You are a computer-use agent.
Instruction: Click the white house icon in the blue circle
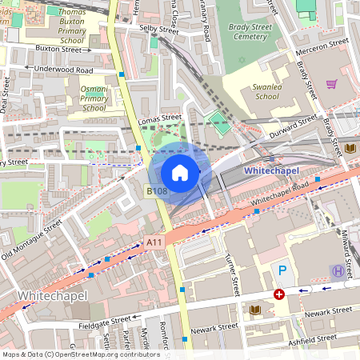pos(180,172)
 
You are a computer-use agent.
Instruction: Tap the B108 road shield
pos(157,191)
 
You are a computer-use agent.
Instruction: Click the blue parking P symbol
pos(280,272)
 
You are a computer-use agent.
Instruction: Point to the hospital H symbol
pos(338,272)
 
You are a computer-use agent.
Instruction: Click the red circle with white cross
pos(278,294)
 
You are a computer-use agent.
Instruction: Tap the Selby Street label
pos(158,30)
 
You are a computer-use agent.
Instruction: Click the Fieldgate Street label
pos(100,322)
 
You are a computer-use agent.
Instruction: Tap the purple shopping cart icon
pos(331,83)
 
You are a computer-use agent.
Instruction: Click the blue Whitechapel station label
pos(272,170)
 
